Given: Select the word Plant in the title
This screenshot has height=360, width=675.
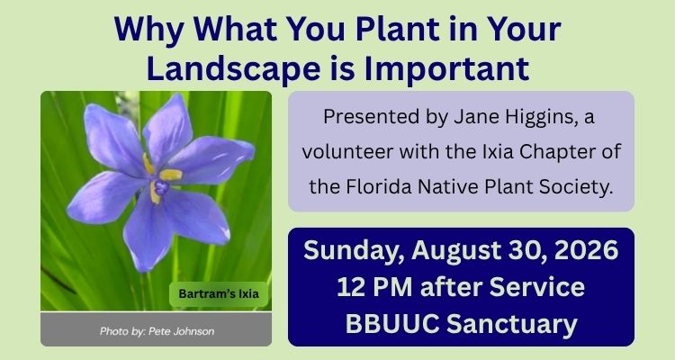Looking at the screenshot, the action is pos(397,29).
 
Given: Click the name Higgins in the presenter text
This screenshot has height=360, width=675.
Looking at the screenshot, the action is pos(541,118).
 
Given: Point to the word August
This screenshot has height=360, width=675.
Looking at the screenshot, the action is pos(456,251).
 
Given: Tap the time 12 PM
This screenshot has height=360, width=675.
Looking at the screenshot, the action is pos(374,287).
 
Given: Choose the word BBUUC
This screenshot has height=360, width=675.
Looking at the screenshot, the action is pos(391,324).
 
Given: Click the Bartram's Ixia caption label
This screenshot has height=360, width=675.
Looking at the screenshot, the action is pos(219,294).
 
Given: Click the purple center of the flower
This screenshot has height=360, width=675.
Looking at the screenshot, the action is pos(160,187).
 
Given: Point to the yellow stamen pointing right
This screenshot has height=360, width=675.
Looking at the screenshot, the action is pos(171,174).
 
